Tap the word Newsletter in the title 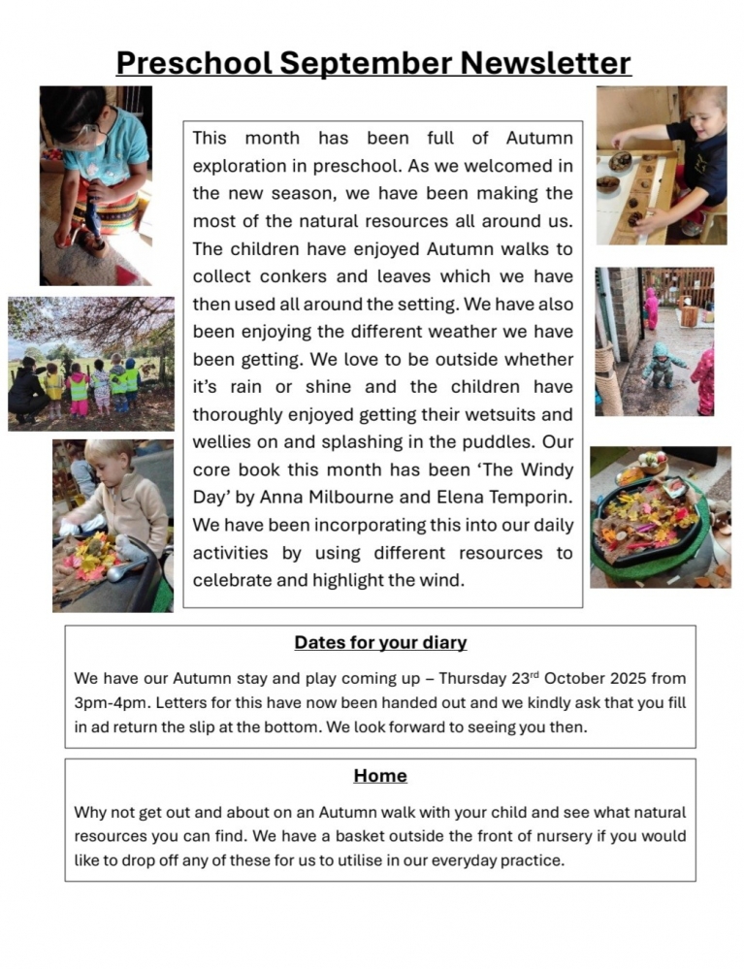545,62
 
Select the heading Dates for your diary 380,642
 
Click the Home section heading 380,776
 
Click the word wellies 223,443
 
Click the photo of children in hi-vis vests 91,364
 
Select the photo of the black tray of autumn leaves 660,516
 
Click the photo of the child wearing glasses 95,184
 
